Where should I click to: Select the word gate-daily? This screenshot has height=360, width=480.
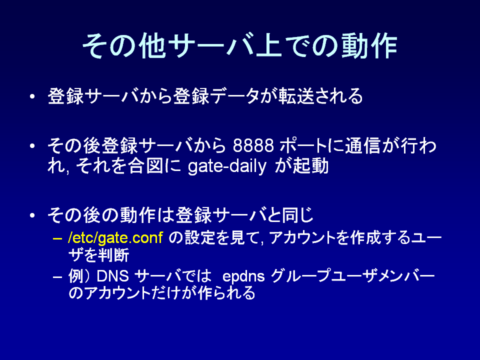click(227, 166)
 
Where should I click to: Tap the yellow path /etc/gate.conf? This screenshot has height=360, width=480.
click(115, 238)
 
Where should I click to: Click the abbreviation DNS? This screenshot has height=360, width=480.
click(112, 276)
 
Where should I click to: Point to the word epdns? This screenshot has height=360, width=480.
click(243, 277)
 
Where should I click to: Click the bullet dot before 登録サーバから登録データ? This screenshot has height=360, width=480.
click(32, 96)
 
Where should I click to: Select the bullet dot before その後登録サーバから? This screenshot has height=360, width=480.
click(32, 146)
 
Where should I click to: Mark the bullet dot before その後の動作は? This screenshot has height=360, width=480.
click(32, 215)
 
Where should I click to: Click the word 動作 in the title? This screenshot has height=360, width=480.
click(369, 46)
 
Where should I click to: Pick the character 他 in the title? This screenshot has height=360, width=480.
click(152, 46)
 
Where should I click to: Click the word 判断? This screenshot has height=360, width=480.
click(113, 255)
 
